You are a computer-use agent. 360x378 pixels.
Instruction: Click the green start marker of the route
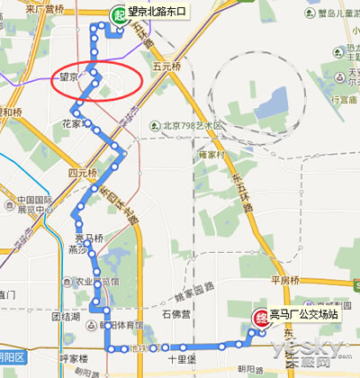(119, 13)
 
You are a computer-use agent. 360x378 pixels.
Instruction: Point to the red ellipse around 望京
(101, 76)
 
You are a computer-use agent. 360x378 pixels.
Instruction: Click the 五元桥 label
(168, 66)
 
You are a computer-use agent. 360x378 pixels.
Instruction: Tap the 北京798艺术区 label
(193, 125)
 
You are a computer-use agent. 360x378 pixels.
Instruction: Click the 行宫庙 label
(344, 101)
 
